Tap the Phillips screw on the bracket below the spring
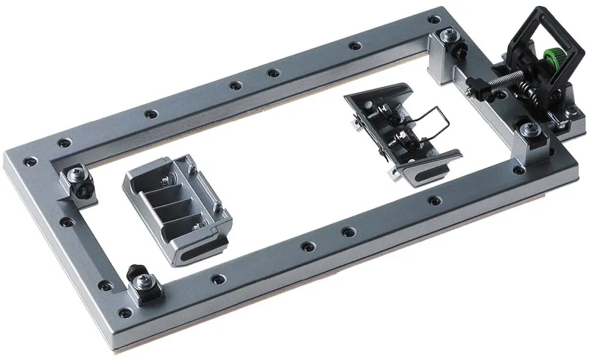tap(526, 131)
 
